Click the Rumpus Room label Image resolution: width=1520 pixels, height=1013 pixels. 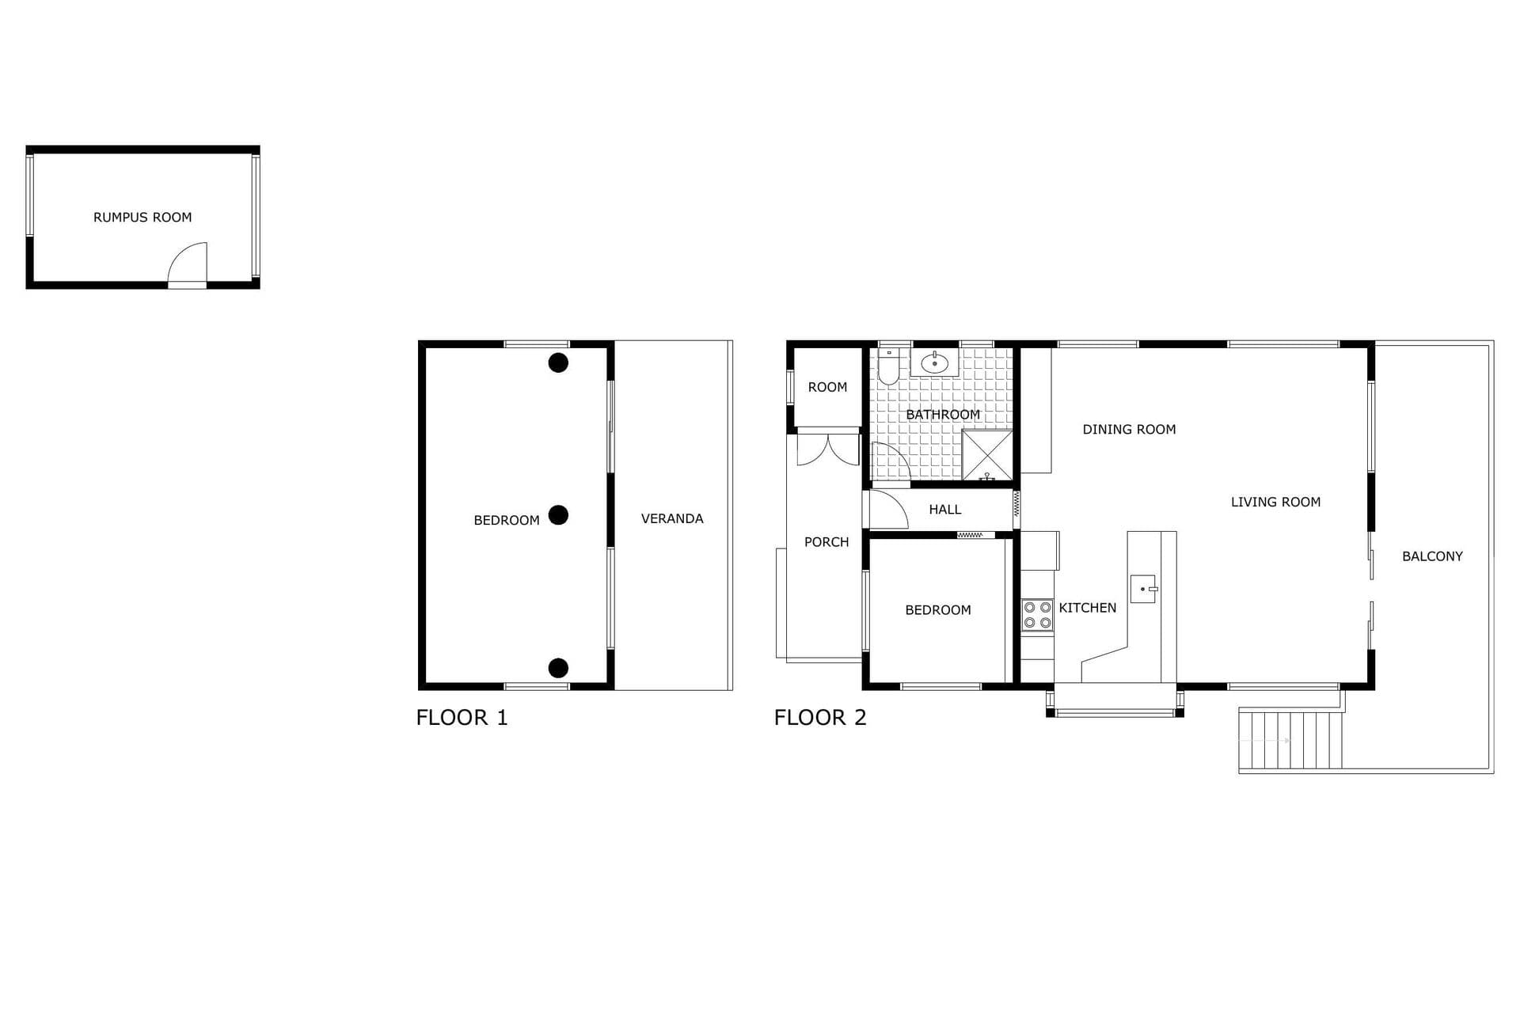point(142,217)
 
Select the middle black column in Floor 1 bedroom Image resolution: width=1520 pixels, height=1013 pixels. point(558,515)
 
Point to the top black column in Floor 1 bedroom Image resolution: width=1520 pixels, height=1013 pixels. point(558,362)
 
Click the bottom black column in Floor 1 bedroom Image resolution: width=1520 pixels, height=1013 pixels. point(558,668)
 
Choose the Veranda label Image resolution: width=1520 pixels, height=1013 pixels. point(672,518)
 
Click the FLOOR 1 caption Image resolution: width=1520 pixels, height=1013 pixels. point(462,718)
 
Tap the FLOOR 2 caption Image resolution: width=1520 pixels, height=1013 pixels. point(820,718)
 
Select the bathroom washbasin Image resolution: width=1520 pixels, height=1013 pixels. point(935,363)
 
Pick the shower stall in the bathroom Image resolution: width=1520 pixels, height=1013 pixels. point(987,455)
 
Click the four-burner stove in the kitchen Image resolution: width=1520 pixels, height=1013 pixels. point(1037,615)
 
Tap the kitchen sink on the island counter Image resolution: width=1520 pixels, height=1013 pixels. point(1143,589)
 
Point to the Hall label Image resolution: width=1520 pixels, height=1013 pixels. point(945,510)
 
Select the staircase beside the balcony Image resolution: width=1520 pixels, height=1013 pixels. point(1290,740)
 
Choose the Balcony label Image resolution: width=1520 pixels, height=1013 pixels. point(1432,556)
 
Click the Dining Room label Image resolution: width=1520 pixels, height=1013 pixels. point(1129,430)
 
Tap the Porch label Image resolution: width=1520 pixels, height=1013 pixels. point(826,542)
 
